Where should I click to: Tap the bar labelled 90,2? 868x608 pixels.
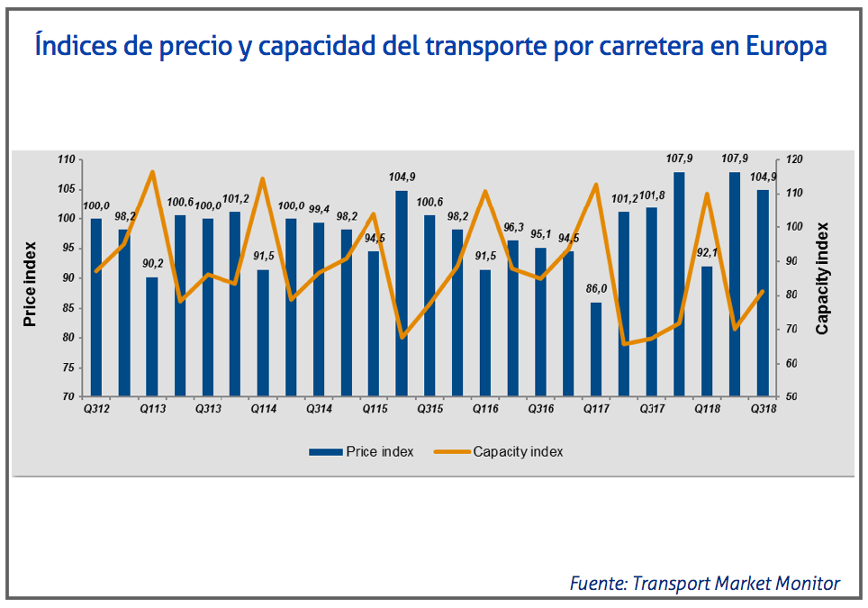(152, 337)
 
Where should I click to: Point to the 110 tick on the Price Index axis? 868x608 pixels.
(66, 160)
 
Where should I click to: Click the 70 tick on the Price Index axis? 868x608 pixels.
(68, 397)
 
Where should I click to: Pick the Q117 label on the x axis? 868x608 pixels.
(595, 410)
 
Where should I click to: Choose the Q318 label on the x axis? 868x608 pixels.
(764, 410)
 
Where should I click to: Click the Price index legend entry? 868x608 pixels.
(361, 451)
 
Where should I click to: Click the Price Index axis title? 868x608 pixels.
(31, 282)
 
